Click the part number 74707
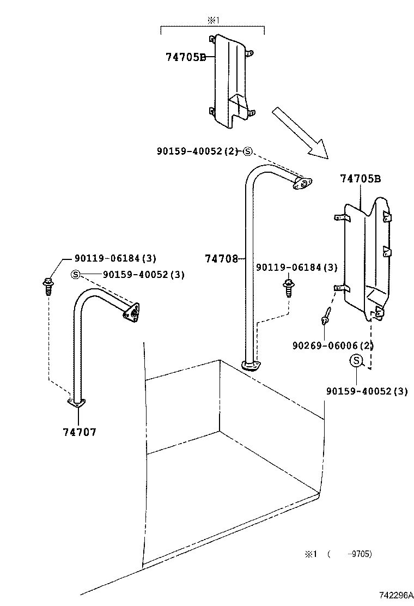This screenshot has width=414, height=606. click(x=80, y=432)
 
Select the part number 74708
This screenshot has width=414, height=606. click(x=221, y=259)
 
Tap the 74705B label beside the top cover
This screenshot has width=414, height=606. click(x=185, y=57)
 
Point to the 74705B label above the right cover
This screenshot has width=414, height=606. click(x=360, y=178)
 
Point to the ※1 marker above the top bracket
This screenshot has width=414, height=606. click(x=211, y=21)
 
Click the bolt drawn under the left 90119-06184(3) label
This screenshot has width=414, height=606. click(x=47, y=285)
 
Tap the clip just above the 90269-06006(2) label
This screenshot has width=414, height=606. click(x=326, y=316)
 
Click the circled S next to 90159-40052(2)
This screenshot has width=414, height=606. click(x=247, y=152)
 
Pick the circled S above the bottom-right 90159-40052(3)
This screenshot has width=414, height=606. click(x=356, y=360)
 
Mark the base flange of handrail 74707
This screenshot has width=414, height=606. click(x=77, y=403)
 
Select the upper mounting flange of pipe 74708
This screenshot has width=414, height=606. click(x=301, y=184)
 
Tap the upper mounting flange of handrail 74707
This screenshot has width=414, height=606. click(x=131, y=312)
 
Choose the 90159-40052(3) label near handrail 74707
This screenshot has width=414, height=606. click(x=136, y=275)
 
